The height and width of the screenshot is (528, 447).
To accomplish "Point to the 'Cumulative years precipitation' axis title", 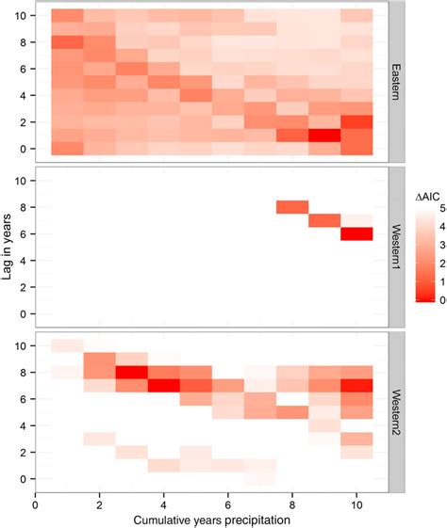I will tap(211, 520).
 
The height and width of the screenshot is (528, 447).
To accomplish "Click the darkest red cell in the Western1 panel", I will tap(356, 233).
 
